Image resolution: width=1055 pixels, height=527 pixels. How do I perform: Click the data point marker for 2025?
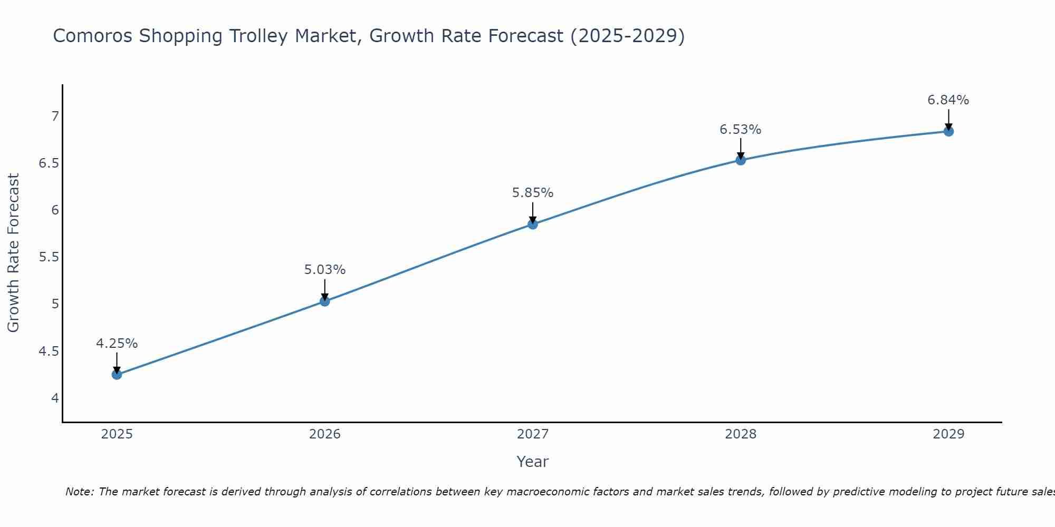pos(117,375)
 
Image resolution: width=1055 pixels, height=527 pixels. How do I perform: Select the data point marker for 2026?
pos(325,301)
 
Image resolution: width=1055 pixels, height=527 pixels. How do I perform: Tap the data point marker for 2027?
pos(533,225)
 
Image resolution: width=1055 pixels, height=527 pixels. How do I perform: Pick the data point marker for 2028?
pos(741,160)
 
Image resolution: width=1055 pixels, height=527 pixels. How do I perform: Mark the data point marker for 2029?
pos(948,131)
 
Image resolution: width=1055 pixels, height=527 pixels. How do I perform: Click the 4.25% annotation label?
pos(117,344)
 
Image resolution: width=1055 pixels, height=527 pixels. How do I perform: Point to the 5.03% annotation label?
pos(325,270)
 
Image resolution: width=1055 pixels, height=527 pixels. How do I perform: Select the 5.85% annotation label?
pos(533,193)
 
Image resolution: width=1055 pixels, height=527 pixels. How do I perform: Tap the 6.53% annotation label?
pos(741,130)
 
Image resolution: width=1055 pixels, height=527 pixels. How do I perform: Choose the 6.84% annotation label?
pos(948,100)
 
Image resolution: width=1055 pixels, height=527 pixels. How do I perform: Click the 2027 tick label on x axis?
pos(533,434)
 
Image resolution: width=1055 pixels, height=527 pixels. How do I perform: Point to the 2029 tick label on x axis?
pos(948,434)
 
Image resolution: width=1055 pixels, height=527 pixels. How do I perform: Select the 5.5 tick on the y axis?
pos(49,257)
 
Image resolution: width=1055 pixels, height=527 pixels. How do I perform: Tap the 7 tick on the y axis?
pos(55,116)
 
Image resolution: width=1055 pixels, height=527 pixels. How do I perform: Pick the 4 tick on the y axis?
pos(55,398)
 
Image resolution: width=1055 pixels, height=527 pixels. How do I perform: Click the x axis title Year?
pos(533,462)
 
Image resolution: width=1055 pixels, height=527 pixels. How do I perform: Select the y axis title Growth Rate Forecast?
pos(13,253)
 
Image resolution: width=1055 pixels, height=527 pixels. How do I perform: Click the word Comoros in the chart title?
pos(92,36)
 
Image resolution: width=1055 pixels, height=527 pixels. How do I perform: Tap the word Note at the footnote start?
pos(79,492)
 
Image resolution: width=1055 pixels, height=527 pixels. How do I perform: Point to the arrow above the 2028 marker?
pos(741,148)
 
